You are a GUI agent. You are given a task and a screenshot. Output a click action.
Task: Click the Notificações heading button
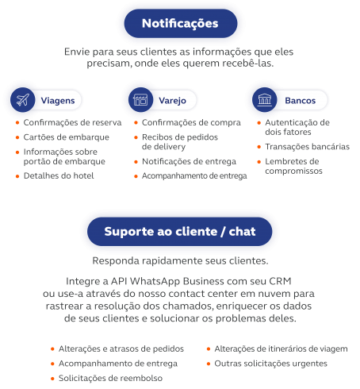pos(181,23)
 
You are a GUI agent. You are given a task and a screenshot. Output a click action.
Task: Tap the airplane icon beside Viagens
pos(23,100)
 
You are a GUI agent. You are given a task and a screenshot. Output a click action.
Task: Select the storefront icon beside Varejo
pos(140,100)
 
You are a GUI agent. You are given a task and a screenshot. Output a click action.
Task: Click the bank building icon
pos(265,100)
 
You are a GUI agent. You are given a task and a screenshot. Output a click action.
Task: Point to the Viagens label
pos(58,101)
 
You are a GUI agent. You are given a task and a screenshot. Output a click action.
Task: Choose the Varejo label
pos(172,101)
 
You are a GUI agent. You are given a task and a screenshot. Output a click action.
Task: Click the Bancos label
pos(301,101)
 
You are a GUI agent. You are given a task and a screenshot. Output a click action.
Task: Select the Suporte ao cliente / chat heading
pos(180,232)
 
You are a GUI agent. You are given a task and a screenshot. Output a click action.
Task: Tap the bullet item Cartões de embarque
pos(67,137)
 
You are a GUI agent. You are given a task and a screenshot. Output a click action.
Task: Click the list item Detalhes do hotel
pos(59,175)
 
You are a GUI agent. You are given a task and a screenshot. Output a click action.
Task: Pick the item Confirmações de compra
pos(191,122)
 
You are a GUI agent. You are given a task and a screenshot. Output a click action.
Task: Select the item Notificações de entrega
pos(189,161)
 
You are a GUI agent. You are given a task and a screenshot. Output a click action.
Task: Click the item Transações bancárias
pos(308,147)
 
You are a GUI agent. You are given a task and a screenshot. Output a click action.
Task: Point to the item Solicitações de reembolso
pos(110,378)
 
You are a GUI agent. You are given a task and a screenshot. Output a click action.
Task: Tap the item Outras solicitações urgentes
pos(270,364)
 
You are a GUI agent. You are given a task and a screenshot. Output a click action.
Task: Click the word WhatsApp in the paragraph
pos(155,281)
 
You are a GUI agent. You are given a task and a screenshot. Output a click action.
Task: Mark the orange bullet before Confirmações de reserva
pos(17,122)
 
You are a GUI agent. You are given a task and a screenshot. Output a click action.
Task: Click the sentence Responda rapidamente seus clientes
pos(180,261)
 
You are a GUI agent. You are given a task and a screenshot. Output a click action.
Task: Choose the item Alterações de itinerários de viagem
pos(281,349)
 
